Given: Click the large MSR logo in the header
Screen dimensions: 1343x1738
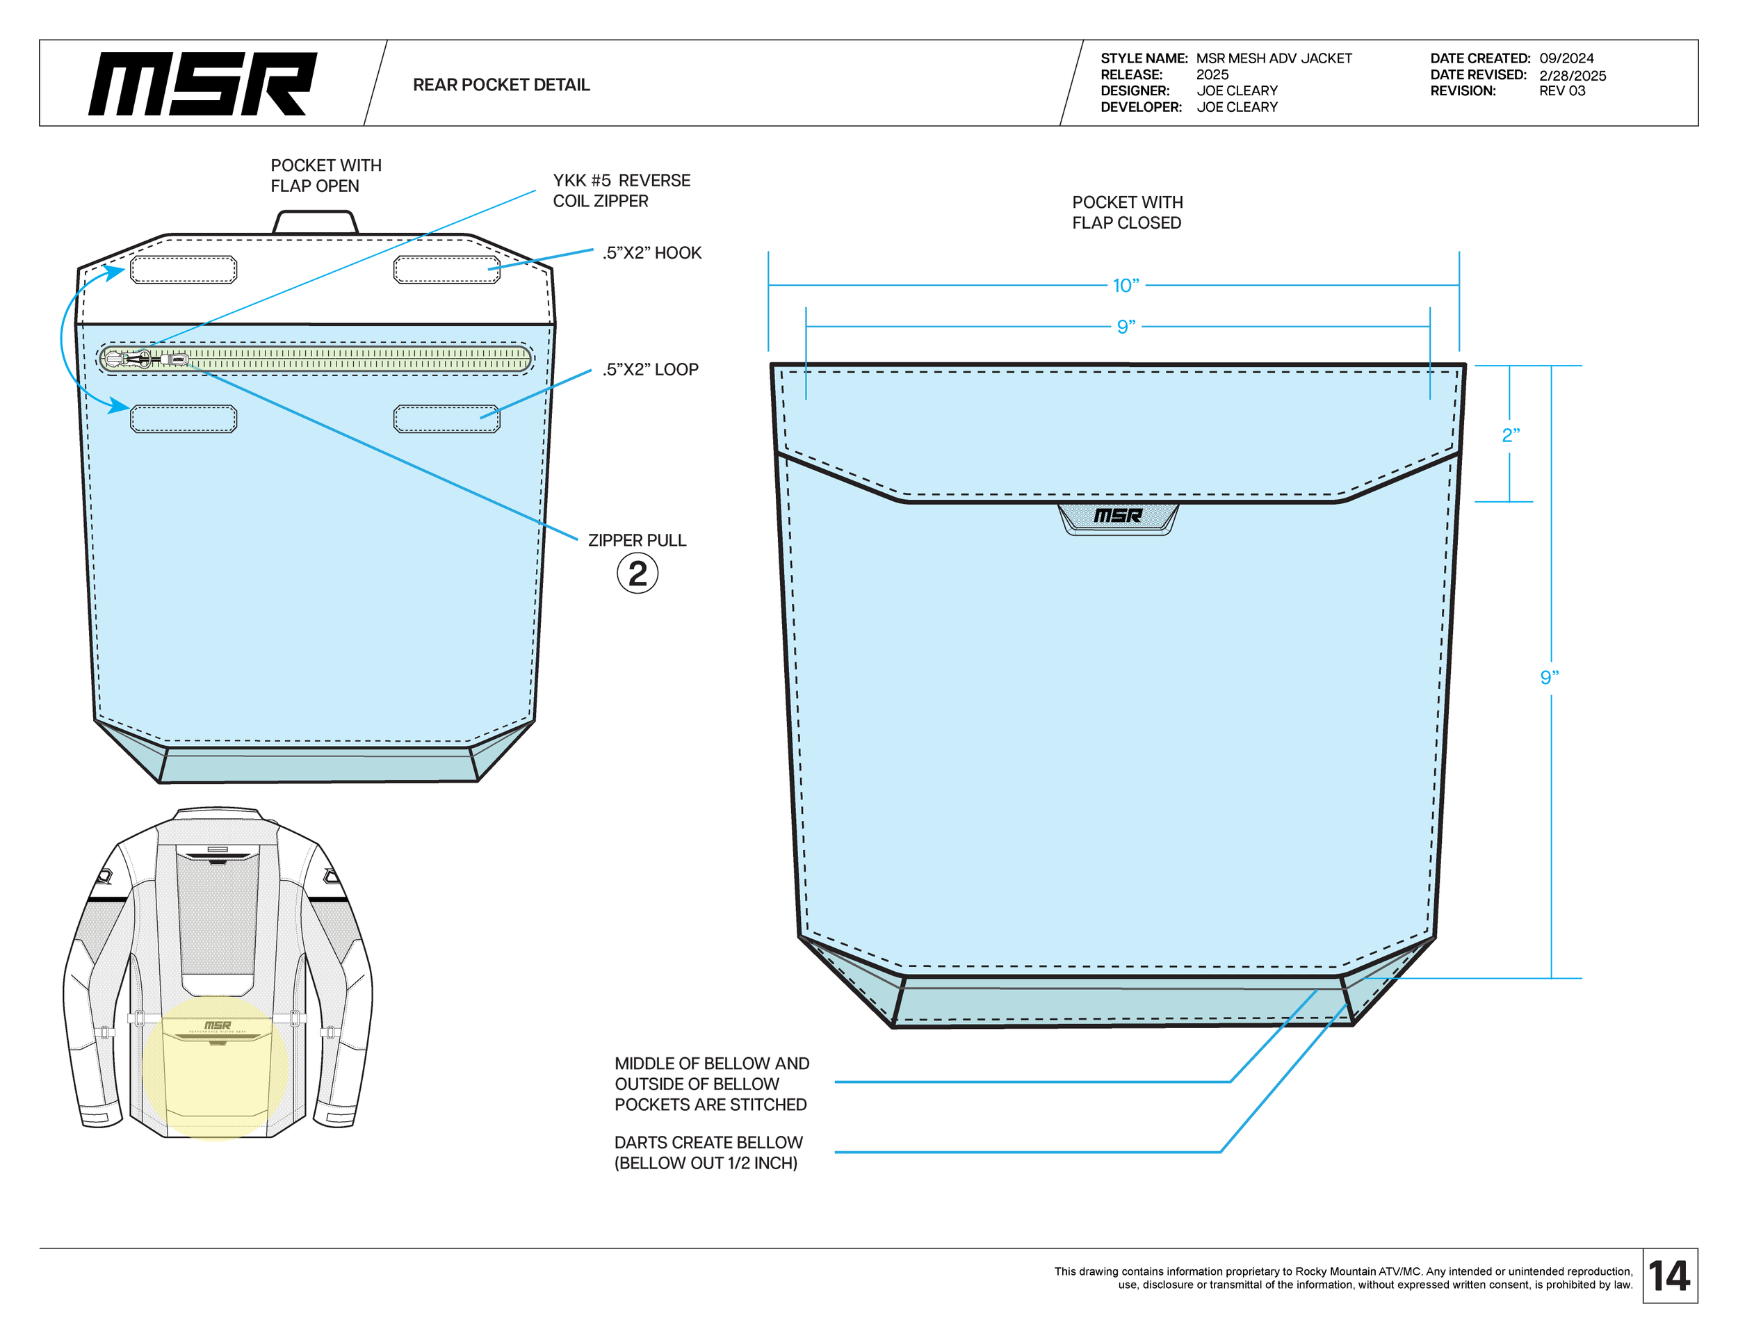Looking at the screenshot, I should pyautogui.click(x=202, y=83).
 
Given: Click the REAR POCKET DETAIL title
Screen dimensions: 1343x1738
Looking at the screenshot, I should pyautogui.click(x=501, y=84).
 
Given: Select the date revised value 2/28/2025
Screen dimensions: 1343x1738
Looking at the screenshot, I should pyautogui.click(x=1572, y=76).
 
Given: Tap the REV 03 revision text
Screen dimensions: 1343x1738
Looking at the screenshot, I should pyautogui.click(x=1561, y=90).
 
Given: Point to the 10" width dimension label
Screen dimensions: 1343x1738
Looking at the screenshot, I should pyautogui.click(x=1126, y=285).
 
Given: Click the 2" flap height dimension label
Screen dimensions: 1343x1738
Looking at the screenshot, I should pyautogui.click(x=1509, y=435).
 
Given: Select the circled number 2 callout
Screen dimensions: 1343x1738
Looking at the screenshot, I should pyautogui.click(x=637, y=573).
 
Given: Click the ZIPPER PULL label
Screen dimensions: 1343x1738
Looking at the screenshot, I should pyautogui.click(x=637, y=540).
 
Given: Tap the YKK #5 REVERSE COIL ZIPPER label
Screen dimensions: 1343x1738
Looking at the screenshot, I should pyautogui.click(x=621, y=190).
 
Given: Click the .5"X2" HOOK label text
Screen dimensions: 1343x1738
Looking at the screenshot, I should pyautogui.click(x=652, y=253).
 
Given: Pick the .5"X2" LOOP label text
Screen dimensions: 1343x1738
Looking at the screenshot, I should pyautogui.click(x=650, y=369).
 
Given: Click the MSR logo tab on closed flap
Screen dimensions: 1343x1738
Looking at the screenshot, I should pyautogui.click(x=1117, y=517).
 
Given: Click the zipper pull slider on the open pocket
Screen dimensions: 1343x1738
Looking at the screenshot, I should pyautogui.click(x=177, y=359).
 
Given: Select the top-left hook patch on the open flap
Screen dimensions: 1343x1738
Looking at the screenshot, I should pyautogui.click(x=183, y=270).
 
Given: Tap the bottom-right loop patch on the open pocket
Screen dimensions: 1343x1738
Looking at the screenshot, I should pyautogui.click(x=446, y=418).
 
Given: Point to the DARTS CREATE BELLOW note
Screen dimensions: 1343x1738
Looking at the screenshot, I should pyautogui.click(x=708, y=1152).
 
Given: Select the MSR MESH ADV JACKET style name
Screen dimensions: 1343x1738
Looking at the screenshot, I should pyautogui.click(x=1274, y=58).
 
